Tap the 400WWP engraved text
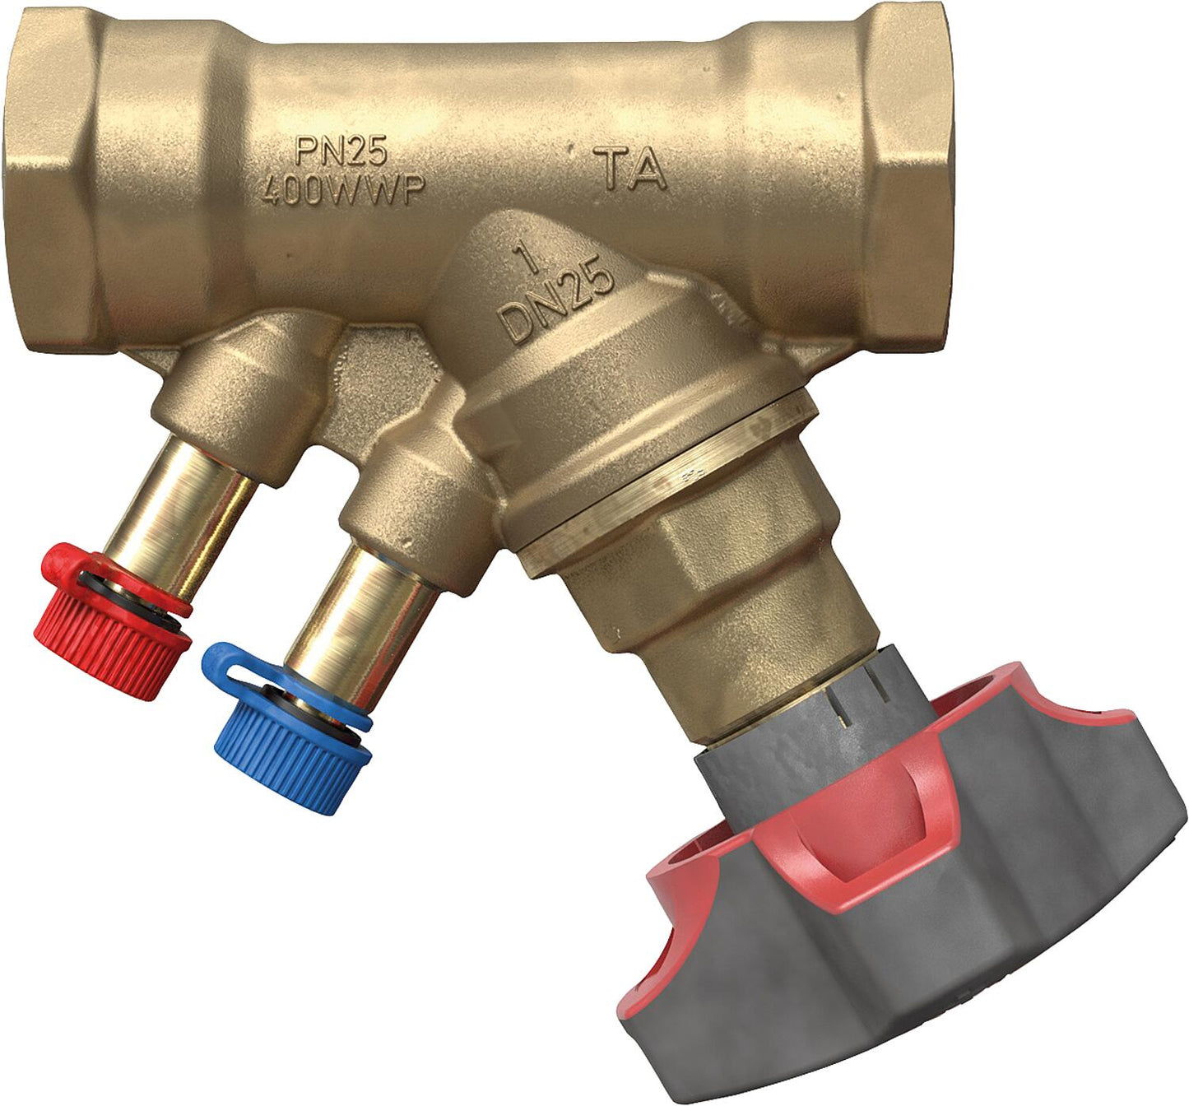(x=342, y=191)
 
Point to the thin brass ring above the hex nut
(x=658, y=494)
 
